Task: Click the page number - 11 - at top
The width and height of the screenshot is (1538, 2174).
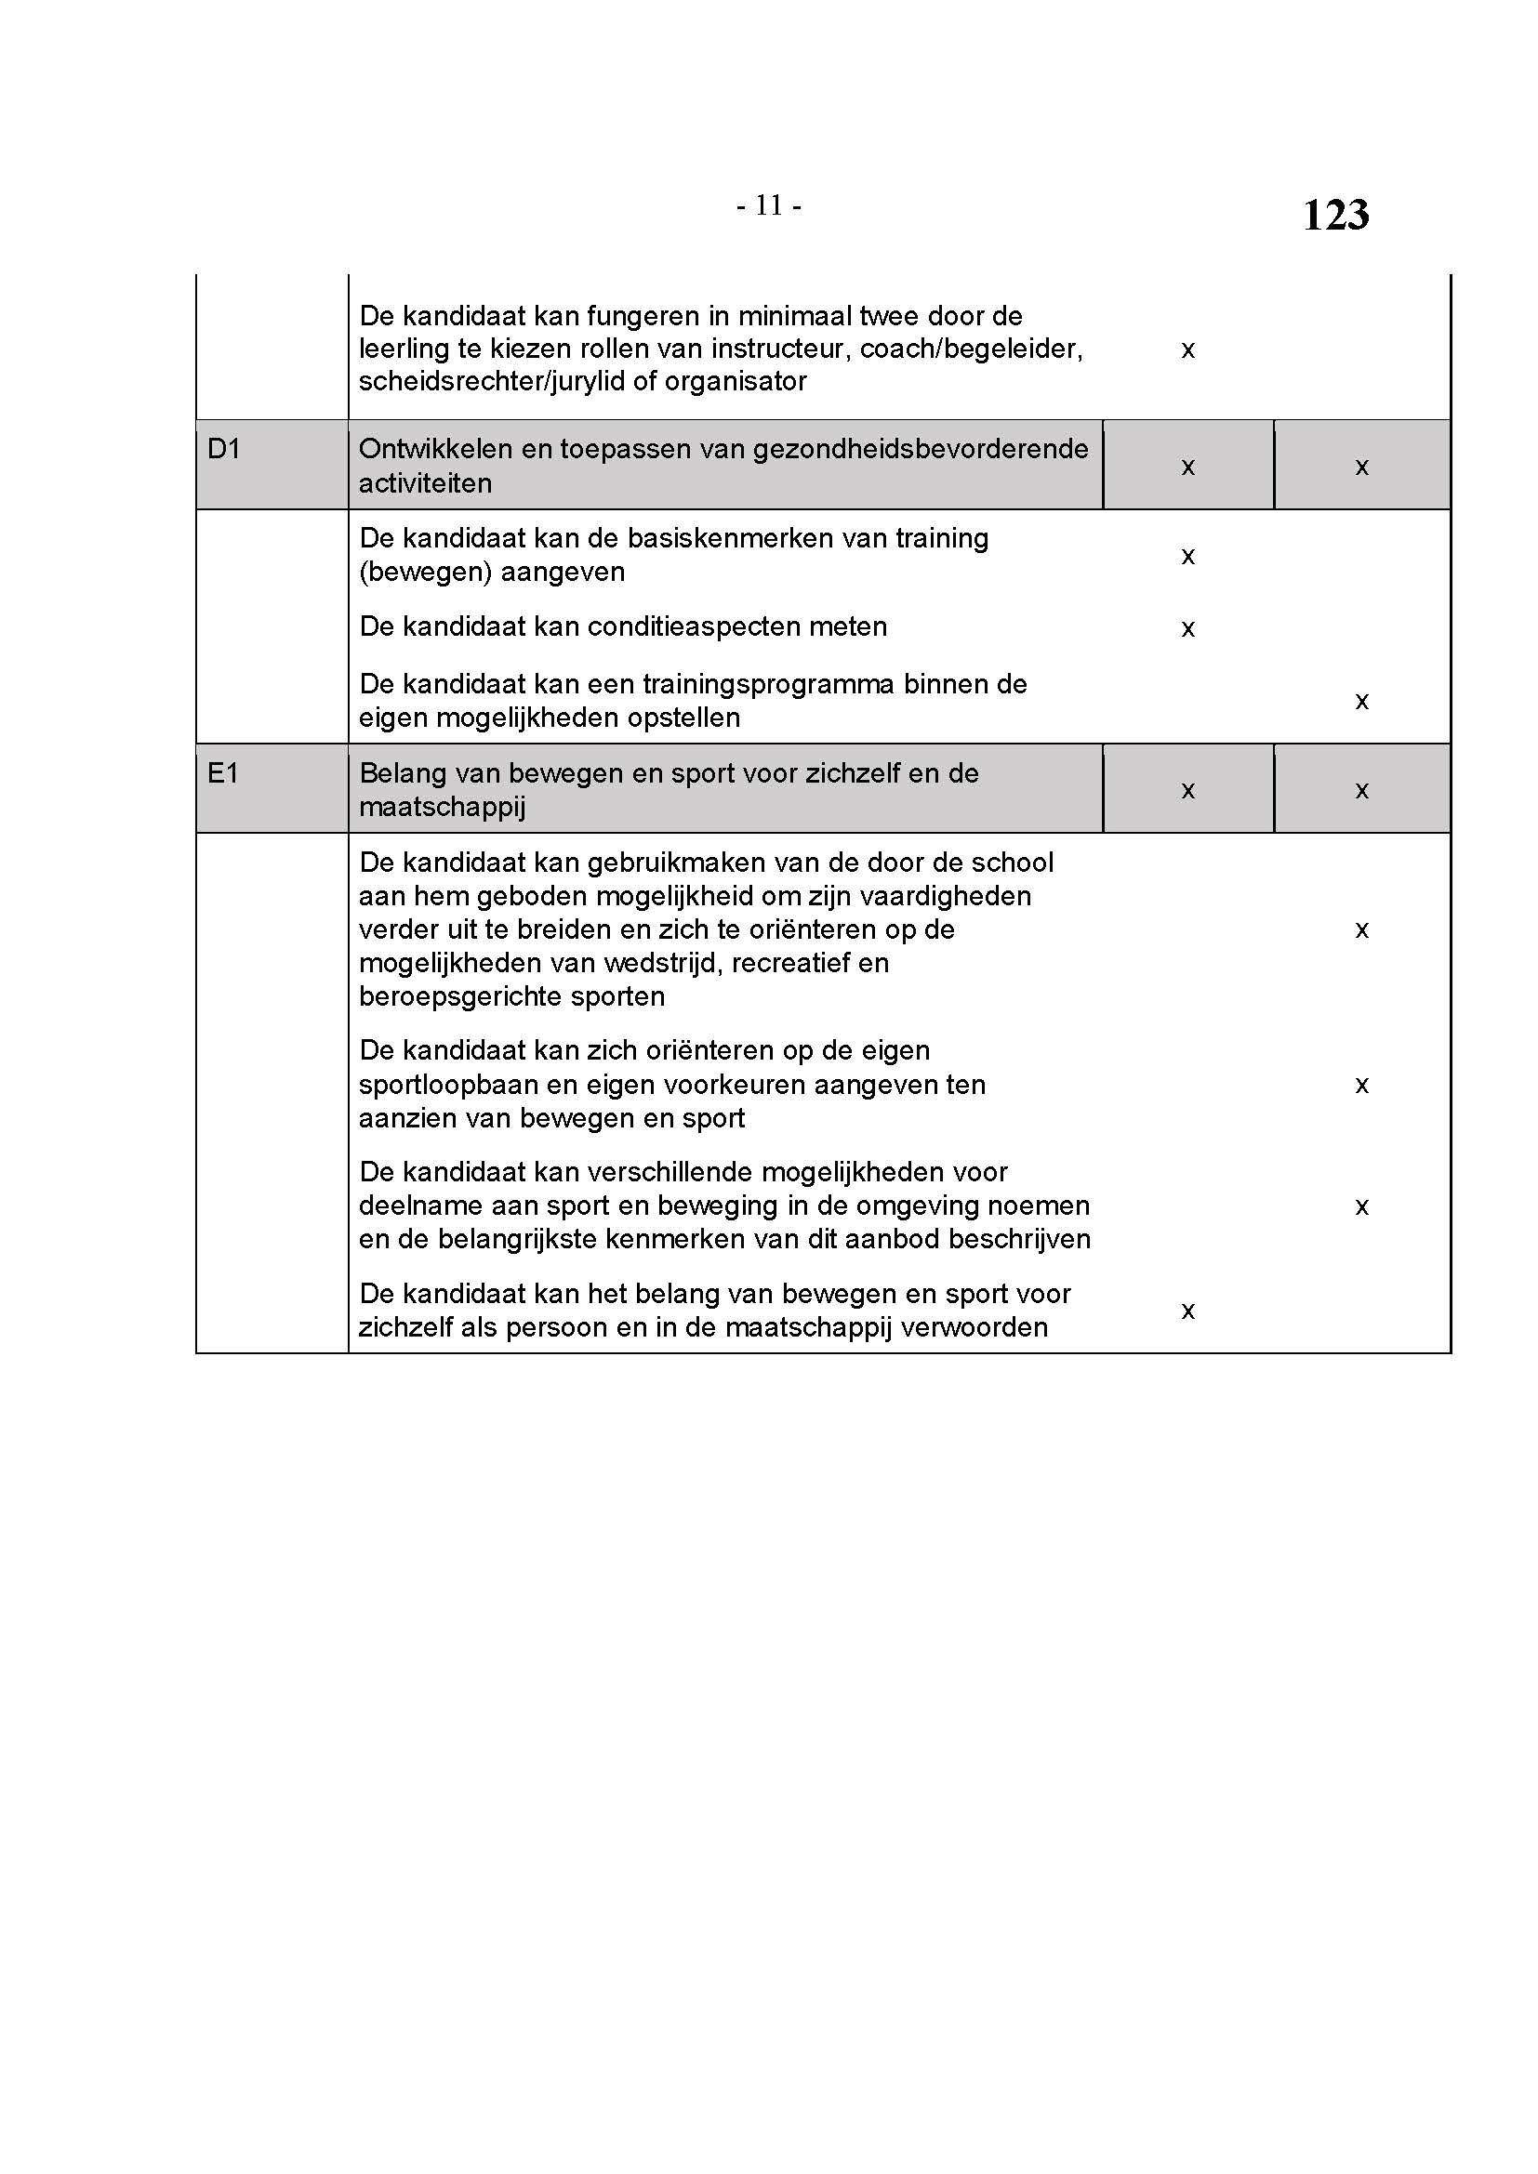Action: (768, 205)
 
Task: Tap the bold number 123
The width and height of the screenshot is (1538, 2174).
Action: (1334, 215)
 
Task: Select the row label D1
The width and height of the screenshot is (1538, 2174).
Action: (223, 448)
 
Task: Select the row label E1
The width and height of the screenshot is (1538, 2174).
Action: (222, 773)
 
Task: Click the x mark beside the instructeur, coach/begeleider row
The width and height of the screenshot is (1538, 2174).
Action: (1187, 350)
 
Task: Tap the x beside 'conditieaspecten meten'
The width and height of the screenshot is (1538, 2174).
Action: (1187, 628)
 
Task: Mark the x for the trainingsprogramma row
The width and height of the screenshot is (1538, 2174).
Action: (1361, 702)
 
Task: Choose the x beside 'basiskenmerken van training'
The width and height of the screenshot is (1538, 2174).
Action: (1187, 556)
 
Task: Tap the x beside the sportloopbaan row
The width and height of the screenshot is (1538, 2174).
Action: (1361, 1085)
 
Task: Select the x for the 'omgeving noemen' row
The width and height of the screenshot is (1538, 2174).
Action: (1361, 1206)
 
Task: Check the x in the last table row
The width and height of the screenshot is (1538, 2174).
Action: (1187, 1311)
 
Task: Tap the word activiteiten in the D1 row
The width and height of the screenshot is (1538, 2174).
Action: (424, 484)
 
